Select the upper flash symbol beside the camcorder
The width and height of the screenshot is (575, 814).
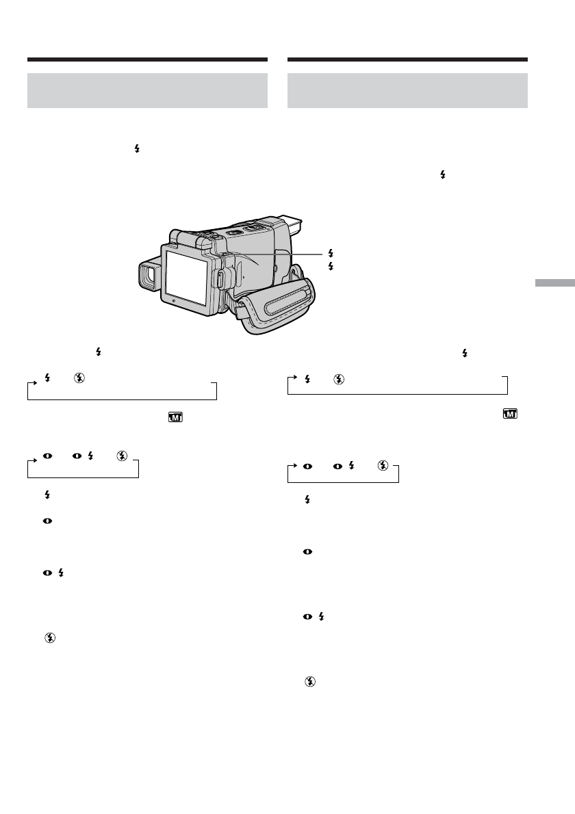(x=331, y=252)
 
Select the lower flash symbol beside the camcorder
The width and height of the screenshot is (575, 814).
(x=331, y=264)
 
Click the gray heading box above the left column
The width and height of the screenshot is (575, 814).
(x=146, y=90)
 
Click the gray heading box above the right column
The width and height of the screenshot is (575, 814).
(x=407, y=90)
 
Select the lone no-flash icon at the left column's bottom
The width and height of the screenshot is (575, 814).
(x=49, y=636)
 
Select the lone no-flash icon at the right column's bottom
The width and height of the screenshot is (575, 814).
(x=309, y=681)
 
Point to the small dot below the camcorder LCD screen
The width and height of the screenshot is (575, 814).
(x=173, y=300)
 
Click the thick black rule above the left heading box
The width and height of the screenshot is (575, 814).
(x=146, y=60)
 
